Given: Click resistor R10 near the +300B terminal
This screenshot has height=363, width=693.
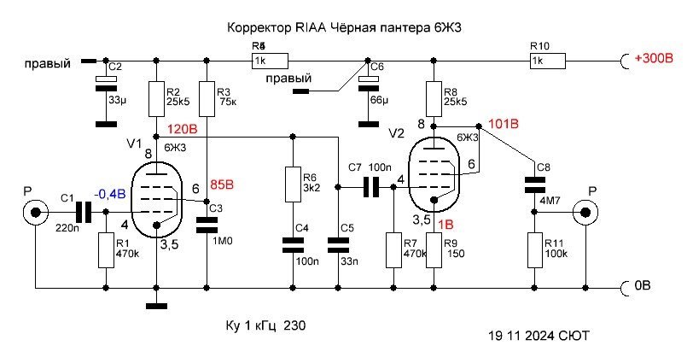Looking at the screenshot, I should (x=547, y=61).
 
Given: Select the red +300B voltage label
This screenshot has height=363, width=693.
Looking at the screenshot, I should (x=653, y=59).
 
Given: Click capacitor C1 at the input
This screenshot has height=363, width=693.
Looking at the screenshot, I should (x=83, y=212).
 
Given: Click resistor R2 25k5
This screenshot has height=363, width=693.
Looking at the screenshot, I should (x=156, y=99).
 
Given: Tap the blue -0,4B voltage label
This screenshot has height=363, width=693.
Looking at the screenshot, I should (x=110, y=194).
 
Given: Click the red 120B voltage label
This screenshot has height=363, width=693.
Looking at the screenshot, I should (x=182, y=131).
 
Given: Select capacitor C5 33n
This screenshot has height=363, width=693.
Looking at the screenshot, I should (x=339, y=245).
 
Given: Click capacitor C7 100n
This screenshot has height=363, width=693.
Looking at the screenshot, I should (x=370, y=187).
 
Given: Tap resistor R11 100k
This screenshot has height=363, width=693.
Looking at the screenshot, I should (x=535, y=253).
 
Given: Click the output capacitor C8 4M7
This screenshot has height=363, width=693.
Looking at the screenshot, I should (x=535, y=184).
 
